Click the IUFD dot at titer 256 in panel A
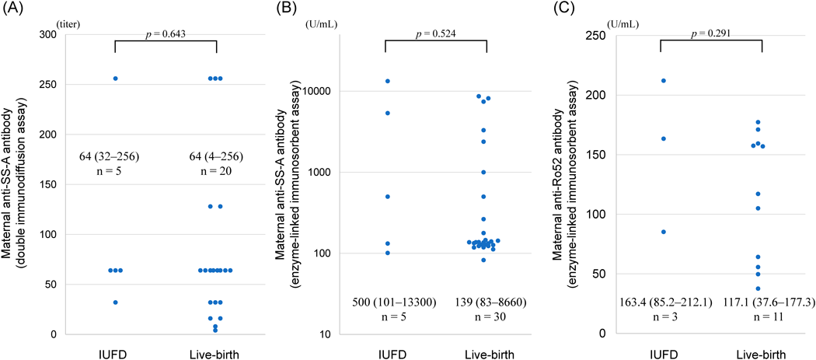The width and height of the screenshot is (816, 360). [115, 79]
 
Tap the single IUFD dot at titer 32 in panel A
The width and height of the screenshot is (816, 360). [115, 302]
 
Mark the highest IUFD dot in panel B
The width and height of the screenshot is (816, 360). [386, 81]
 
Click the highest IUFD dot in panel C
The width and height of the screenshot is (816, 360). [662, 81]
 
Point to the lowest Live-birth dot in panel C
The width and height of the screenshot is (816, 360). [758, 288]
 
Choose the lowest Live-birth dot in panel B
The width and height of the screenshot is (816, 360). [483, 260]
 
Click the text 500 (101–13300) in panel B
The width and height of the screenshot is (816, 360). [385, 302]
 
